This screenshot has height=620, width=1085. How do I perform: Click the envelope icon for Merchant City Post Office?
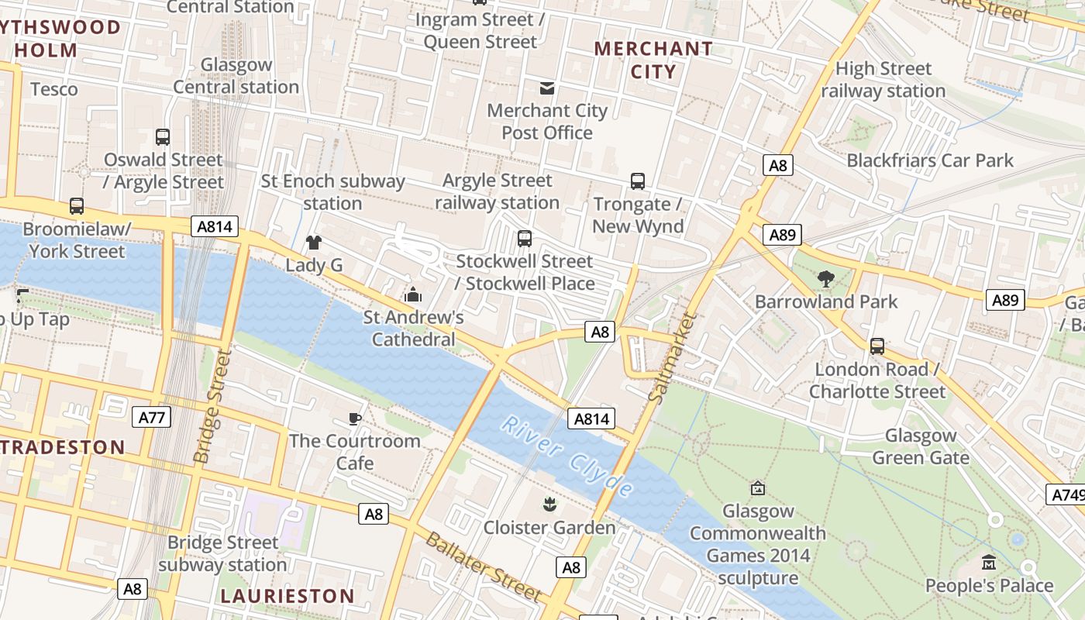547,88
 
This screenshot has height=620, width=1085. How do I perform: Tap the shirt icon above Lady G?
313,243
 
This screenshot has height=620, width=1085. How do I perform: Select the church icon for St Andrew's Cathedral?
413,294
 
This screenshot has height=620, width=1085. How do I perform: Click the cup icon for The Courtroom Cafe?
354,418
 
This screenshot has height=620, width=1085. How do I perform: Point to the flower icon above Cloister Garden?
549,505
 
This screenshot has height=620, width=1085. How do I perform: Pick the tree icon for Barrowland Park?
826,279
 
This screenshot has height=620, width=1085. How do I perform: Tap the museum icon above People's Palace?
989,563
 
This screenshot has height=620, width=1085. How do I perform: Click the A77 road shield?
151,417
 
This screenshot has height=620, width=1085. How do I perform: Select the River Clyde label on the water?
567,456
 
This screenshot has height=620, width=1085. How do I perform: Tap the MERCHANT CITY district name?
653,60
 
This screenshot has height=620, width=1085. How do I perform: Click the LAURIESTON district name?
288,596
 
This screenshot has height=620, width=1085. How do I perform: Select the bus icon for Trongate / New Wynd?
637,181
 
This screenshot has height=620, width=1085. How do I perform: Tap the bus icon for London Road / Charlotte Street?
877,346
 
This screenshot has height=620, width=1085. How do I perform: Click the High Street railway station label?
883,80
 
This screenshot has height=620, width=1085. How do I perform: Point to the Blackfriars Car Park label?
930,160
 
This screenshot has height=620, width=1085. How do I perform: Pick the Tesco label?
54,89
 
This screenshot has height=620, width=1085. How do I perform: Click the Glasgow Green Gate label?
921,446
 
